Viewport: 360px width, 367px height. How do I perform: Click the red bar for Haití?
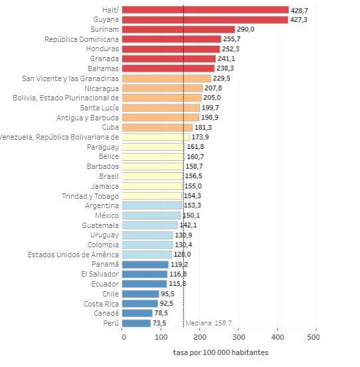206,10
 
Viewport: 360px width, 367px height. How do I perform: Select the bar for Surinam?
179,29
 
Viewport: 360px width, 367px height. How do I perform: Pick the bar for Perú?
137,323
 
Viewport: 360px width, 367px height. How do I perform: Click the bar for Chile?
141,294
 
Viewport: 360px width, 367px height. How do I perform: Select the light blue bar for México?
152,215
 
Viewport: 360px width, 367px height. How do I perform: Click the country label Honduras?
102,49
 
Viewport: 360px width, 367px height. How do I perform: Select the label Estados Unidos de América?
73,255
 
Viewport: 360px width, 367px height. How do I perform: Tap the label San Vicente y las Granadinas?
70,78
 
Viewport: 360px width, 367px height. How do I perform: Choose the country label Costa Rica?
101,303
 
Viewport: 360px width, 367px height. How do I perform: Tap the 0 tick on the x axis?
124,337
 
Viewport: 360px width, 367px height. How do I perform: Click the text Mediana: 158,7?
209,323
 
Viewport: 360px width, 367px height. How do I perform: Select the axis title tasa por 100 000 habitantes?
221,352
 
